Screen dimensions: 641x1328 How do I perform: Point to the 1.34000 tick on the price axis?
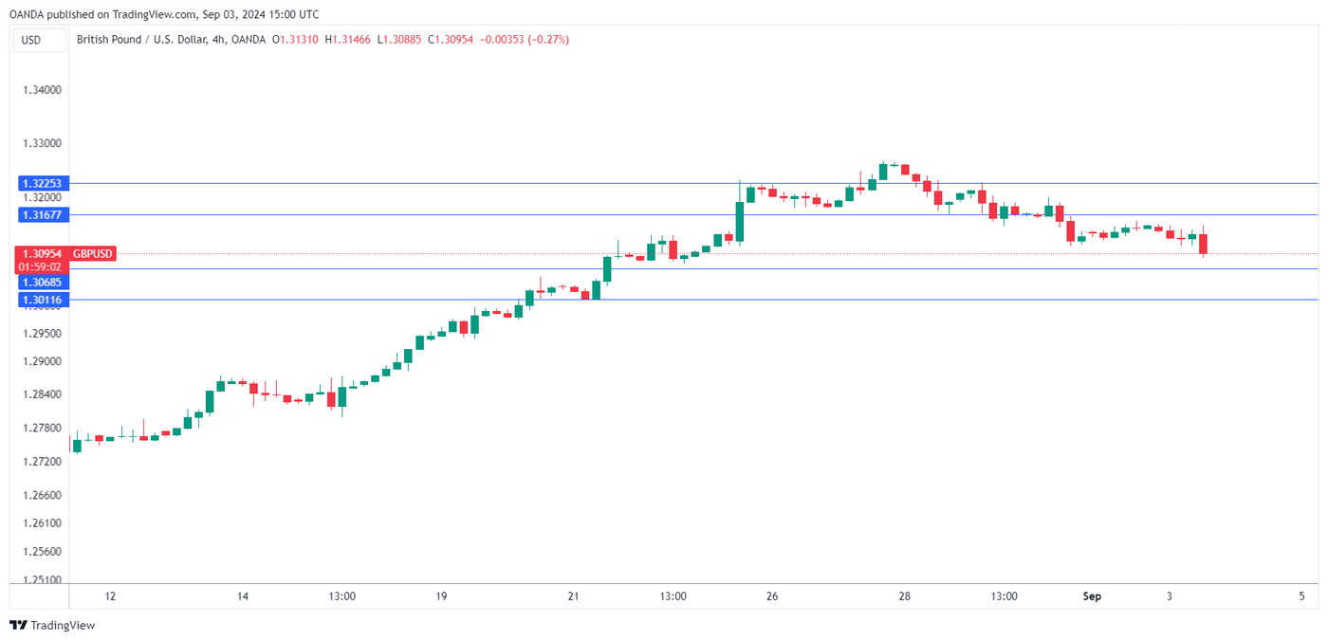(x=41, y=90)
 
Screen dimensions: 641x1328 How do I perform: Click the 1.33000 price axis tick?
(x=41, y=143)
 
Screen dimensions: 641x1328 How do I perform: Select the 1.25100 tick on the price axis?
(x=41, y=580)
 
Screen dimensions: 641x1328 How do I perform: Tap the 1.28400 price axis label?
(x=41, y=394)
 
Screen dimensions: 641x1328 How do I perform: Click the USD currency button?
(x=31, y=40)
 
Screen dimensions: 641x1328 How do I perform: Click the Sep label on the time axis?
(x=1092, y=596)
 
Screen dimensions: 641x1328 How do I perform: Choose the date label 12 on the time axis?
(x=110, y=596)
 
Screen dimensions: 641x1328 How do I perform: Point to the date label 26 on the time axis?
(x=772, y=596)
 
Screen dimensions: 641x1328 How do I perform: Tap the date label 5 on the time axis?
(x=1301, y=596)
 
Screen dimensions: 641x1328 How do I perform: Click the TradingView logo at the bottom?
(x=52, y=625)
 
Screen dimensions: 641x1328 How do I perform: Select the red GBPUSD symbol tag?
(x=93, y=253)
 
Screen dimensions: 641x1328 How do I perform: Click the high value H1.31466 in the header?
(x=348, y=40)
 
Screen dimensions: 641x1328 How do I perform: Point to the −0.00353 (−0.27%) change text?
(x=524, y=40)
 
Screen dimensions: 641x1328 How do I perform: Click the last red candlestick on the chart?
(x=1203, y=244)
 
